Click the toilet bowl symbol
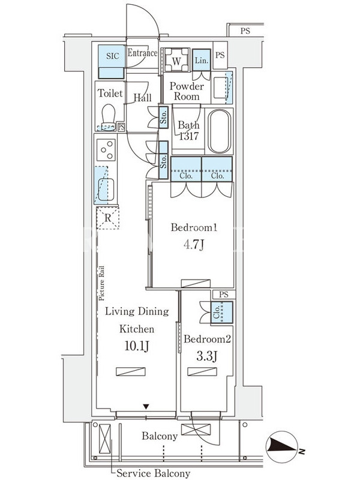tap(108, 118)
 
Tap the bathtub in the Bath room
tap(219, 131)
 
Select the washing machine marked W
tap(176, 60)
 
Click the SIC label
tap(113, 56)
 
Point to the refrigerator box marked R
tap(108, 218)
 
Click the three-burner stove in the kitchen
tap(106, 149)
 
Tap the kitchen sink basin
tap(106, 190)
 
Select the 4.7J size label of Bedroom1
tap(194, 245)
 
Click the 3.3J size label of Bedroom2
tap(207, 356)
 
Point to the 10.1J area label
tap(137, 346)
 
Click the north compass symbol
tap(282, 446)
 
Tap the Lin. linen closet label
tap(202, 61)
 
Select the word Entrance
tap(142, 53)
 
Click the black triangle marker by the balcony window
tap(146, 407)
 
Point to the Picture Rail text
tap(101, 283)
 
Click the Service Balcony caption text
tap(154, 473)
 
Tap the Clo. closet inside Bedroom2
tap(221, 312)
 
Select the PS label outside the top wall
tap(245, 31)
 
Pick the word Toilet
tap(110, 93)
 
